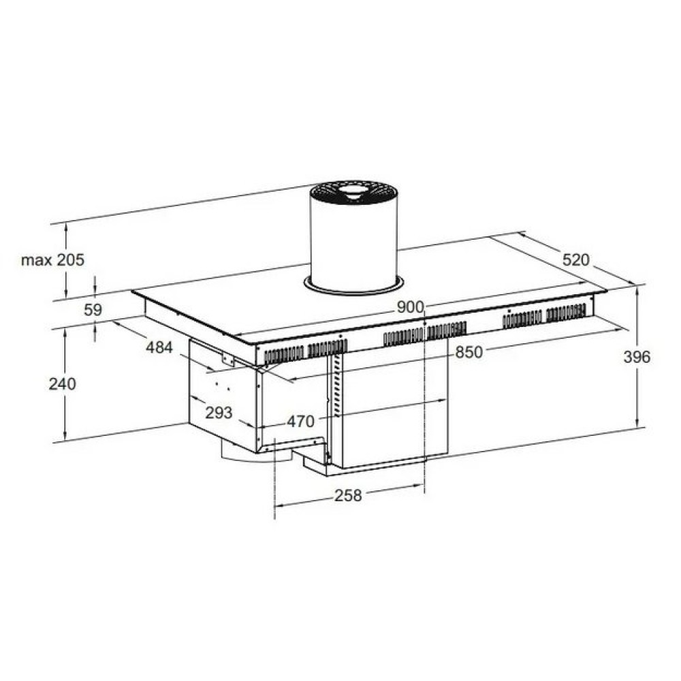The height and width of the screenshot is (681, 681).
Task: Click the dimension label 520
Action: pos(576,259)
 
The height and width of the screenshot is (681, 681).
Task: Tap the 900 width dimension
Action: pos(409,307)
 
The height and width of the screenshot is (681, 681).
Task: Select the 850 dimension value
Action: pos(469,352)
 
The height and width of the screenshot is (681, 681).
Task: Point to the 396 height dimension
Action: pos(637,357)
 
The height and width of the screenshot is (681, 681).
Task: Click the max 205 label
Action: pos(52,260)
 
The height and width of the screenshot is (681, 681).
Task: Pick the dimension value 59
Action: pos(93,310)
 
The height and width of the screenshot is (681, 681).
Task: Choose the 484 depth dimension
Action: pos(159,347)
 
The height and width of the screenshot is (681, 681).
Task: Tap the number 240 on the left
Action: pos(62,384)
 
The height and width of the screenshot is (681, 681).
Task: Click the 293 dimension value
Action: pos(219,413)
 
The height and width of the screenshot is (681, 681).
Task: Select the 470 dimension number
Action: pos(300,422)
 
